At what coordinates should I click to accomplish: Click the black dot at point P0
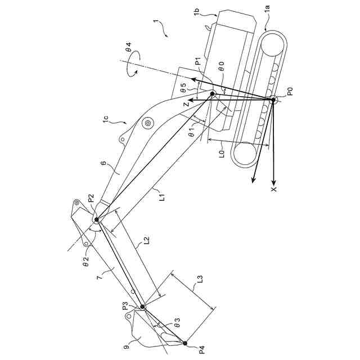[x=273, y=100]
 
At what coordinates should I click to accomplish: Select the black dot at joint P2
[x=96, y=219]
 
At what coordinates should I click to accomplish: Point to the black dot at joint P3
[x=142, y=307]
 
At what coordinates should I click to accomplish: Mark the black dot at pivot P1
[x=213, y=93]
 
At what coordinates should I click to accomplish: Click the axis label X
[x=274, y=190]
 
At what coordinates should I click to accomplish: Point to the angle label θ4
[x=128, y=54]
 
